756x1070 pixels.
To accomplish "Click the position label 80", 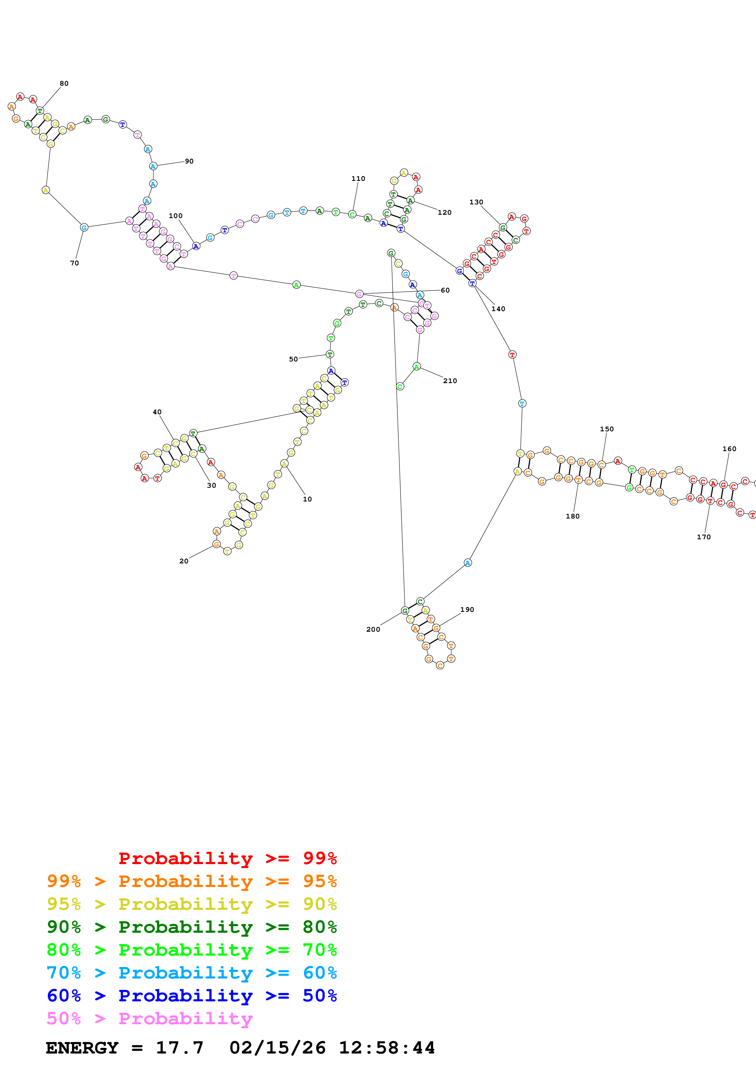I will point(64,83).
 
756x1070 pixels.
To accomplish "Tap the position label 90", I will point(189,161).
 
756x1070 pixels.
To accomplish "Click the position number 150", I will point(607,429).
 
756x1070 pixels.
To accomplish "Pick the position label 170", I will point(703,537).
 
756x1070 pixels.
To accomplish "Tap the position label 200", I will point(373,629).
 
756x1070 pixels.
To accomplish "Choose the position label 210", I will point(450,381).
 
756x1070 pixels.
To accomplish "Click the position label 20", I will point(184,561).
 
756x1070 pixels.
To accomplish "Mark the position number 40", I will point(157,412).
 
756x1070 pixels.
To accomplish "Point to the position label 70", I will point(74,263).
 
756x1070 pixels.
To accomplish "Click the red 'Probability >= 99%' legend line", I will point(227,858).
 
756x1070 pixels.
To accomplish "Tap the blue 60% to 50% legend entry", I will point(192,996).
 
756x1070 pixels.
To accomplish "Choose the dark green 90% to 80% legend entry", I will point(192,927).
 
